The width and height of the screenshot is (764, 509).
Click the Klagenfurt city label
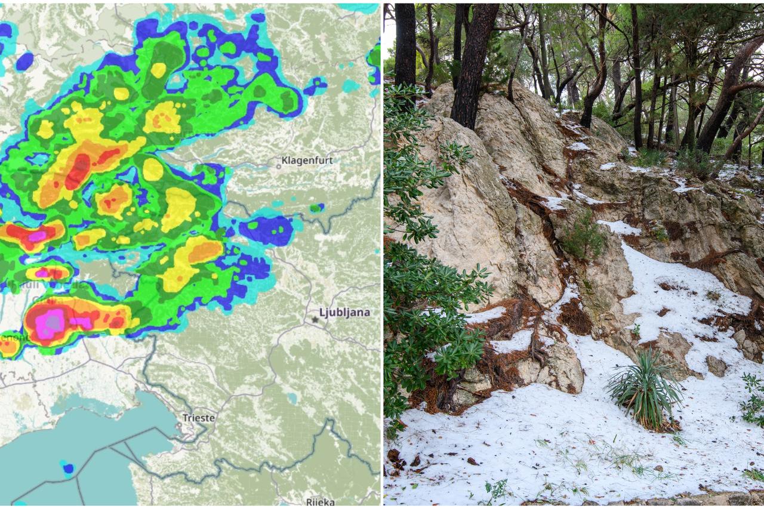pyautogui.click(x=306, y=160)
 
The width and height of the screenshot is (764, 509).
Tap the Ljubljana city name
pyautogui.click(x=344, y=312)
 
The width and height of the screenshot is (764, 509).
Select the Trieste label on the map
pyautogui.click(x=198, y=418)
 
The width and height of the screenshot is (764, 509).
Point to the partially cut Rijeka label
pyautogui.click(x=320, y=501)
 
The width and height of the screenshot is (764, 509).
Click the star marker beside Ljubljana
pyautogui.click(x=315, y=319)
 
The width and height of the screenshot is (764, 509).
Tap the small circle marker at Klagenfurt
pyautogui.click(x=278, y=166)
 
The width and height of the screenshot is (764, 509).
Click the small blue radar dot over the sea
pyautogui.click(x=68, y=468)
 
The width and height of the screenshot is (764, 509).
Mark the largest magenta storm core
pyautogui.click(x=51, y=322)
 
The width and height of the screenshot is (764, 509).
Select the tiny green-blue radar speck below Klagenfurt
pyautogui.click(x=315, y=208)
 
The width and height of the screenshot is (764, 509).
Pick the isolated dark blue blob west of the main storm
pyautogui.click(x=24, y=61)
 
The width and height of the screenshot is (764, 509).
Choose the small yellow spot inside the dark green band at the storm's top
pyautogui.click(x=158, y=70)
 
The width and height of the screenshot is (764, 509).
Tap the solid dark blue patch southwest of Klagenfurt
pyautogui.click(x=267, y=230)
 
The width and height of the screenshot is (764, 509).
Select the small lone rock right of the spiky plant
pyautogui.click(x=716, y=365)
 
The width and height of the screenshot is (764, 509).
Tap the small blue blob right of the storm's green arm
pyautogui.click(x=315, y=86)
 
